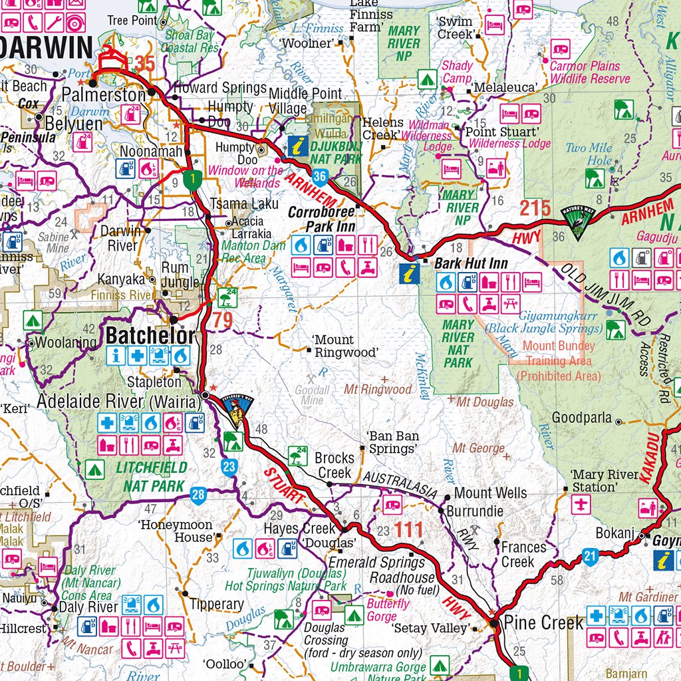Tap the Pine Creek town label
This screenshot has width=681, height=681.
tap(543, 623)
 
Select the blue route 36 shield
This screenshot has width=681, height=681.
tap(321, 176)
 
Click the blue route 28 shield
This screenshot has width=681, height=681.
tap(198, 494)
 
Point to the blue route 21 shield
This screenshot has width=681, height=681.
tap(590, 556)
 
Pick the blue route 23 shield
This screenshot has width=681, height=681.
tap(229, 467)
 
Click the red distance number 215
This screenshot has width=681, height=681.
tap(535, 208)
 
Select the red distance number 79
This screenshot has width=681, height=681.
tap(223, 321)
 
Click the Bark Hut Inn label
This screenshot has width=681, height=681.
tap(471, 263)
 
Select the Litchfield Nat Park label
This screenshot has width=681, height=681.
tap(152, 477)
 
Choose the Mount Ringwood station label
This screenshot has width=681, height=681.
tap(343, 346)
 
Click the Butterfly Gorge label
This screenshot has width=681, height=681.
tap(388, 610)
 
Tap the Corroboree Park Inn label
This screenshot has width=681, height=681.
tap(322, 220)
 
